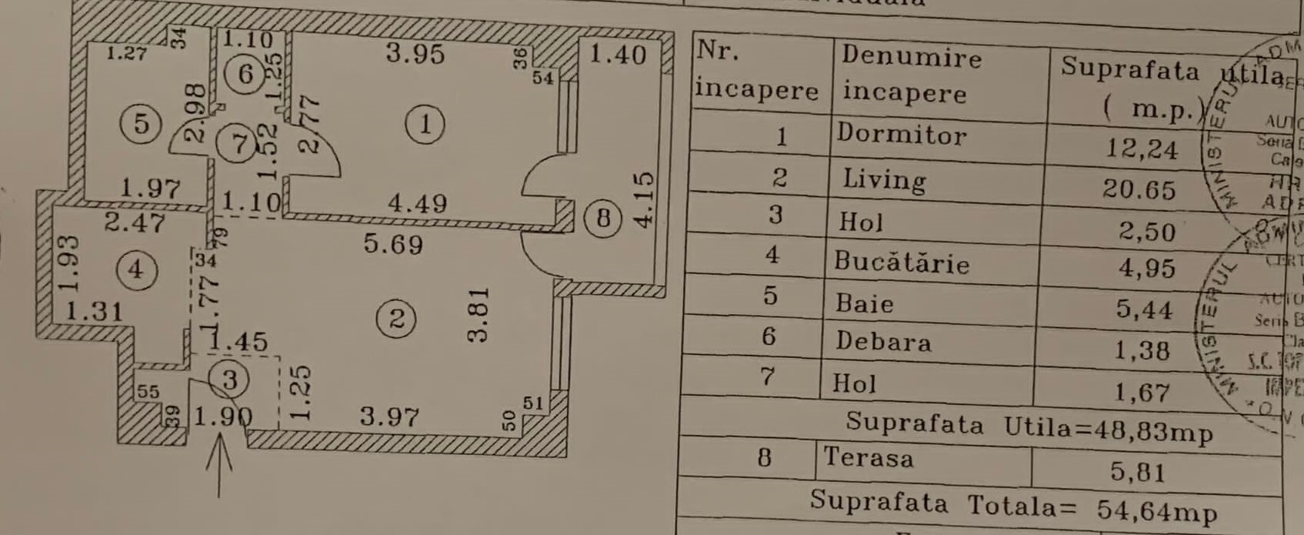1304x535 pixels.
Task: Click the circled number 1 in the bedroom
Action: pos(424,125)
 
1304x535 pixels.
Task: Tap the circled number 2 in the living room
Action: pos(397,318)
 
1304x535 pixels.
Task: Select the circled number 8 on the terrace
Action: pos(603,219)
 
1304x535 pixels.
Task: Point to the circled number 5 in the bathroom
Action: pos(141,123)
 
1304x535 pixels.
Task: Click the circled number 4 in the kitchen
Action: pos(136,269)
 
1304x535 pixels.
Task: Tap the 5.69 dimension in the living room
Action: pos(393,244)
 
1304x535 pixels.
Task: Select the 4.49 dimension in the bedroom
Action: pos(417,203)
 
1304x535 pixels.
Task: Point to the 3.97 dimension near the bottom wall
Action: pos(390,417)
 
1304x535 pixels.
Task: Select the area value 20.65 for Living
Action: pos(1139,189)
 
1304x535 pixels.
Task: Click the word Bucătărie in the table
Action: pos(902,263)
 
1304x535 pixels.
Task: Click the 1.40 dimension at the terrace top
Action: pos(618,55)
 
